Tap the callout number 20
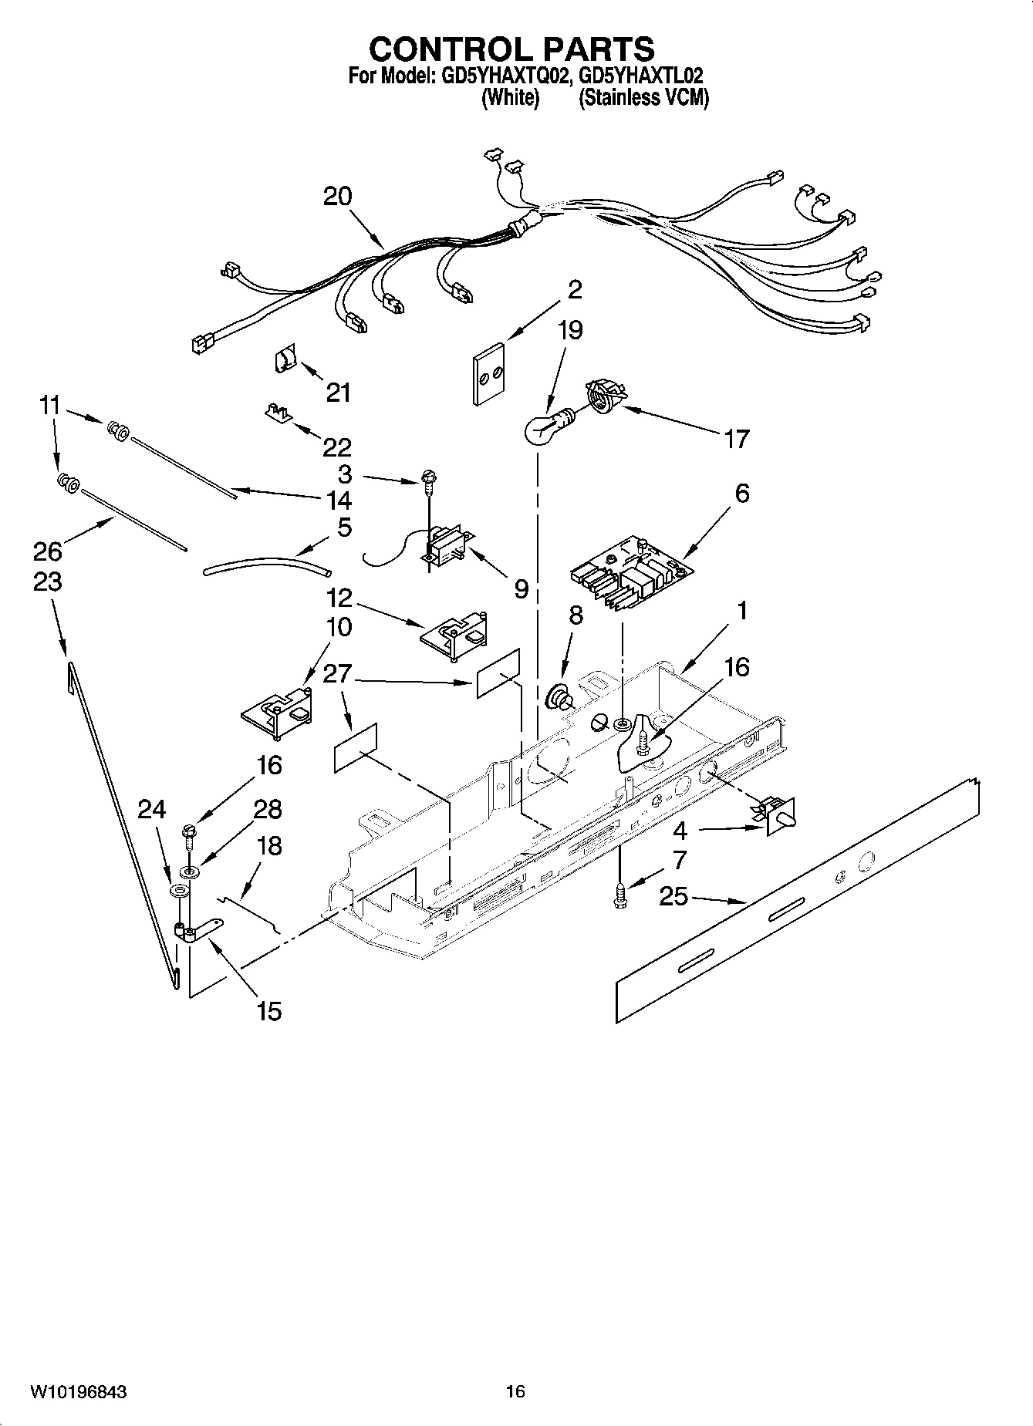(x=337, y=197)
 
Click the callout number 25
(x=673, y=897)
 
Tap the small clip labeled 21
(x=287, y=359)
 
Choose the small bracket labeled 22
(x=277, y=411)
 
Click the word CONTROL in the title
(x=441, y=49)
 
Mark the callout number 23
(x=48, y=582)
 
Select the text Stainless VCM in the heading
(x=643, y=99)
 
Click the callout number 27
(x=337, y=673)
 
